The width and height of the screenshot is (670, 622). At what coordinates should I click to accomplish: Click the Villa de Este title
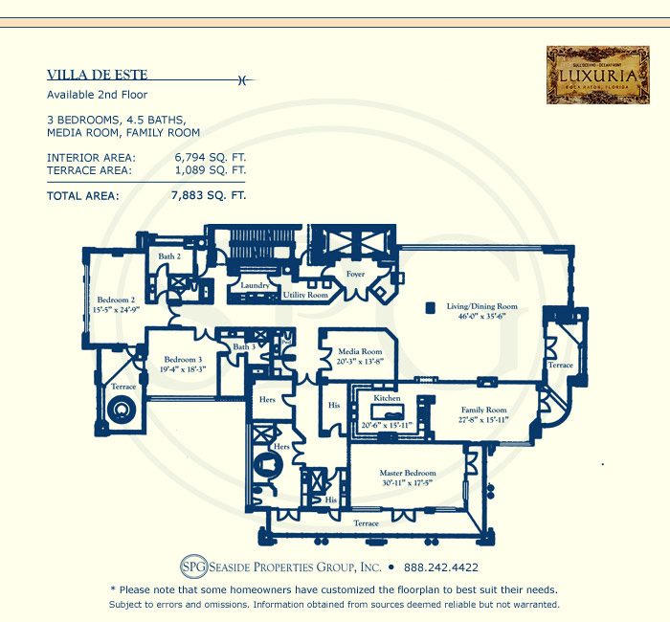click(x=99, y=75)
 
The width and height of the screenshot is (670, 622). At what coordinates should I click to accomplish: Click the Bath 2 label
click(x=169, y=257)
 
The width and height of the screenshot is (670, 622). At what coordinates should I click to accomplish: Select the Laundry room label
click(x=254, y=285)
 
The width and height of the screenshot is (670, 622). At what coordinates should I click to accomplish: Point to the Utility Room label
click(x=305, y=296)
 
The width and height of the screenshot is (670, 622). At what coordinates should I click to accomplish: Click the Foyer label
click(x=356, y=275)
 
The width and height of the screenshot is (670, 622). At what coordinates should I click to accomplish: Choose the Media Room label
click(x=359, y=352)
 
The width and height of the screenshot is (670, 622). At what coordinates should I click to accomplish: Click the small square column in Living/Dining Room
click(x=431, y=308)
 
